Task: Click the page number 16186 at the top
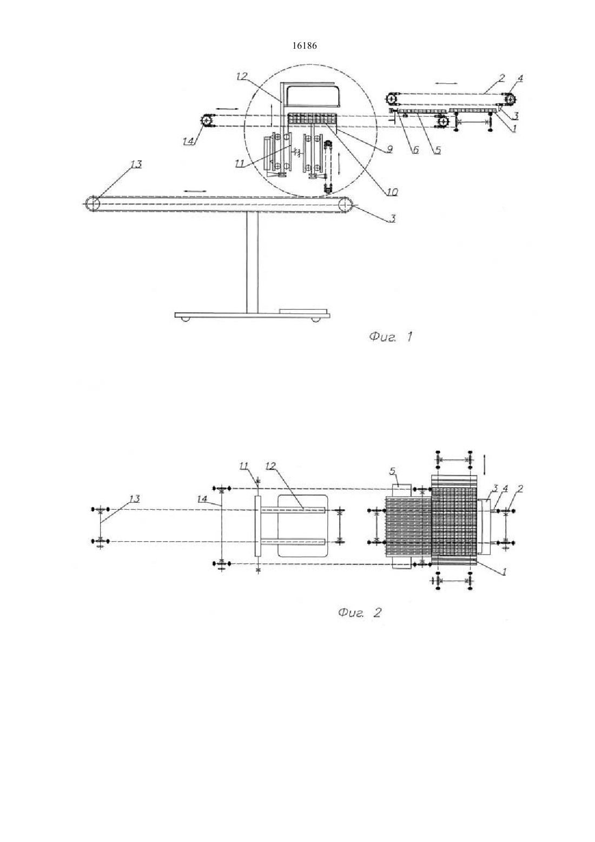click(304, 46)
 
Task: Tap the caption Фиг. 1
click(391, 337)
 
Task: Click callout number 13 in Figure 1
click(136, 165)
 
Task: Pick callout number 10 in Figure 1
click(392, 192)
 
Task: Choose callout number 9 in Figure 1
click(390, 149)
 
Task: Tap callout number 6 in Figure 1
click(416, 149)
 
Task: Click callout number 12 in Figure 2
click(270, 466)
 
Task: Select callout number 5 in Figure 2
click(392, 471)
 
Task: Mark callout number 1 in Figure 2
click(504, 572)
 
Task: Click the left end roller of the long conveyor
click(92, 203)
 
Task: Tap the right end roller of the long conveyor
click(346, 205)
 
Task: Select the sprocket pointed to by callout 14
click(206, 121)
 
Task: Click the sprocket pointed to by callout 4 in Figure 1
click(511, 99)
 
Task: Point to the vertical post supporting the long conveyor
click(253, 262)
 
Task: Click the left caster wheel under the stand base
click(184, 319)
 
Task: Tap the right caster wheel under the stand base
click(315, 319)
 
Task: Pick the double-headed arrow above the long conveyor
click(195, 190)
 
